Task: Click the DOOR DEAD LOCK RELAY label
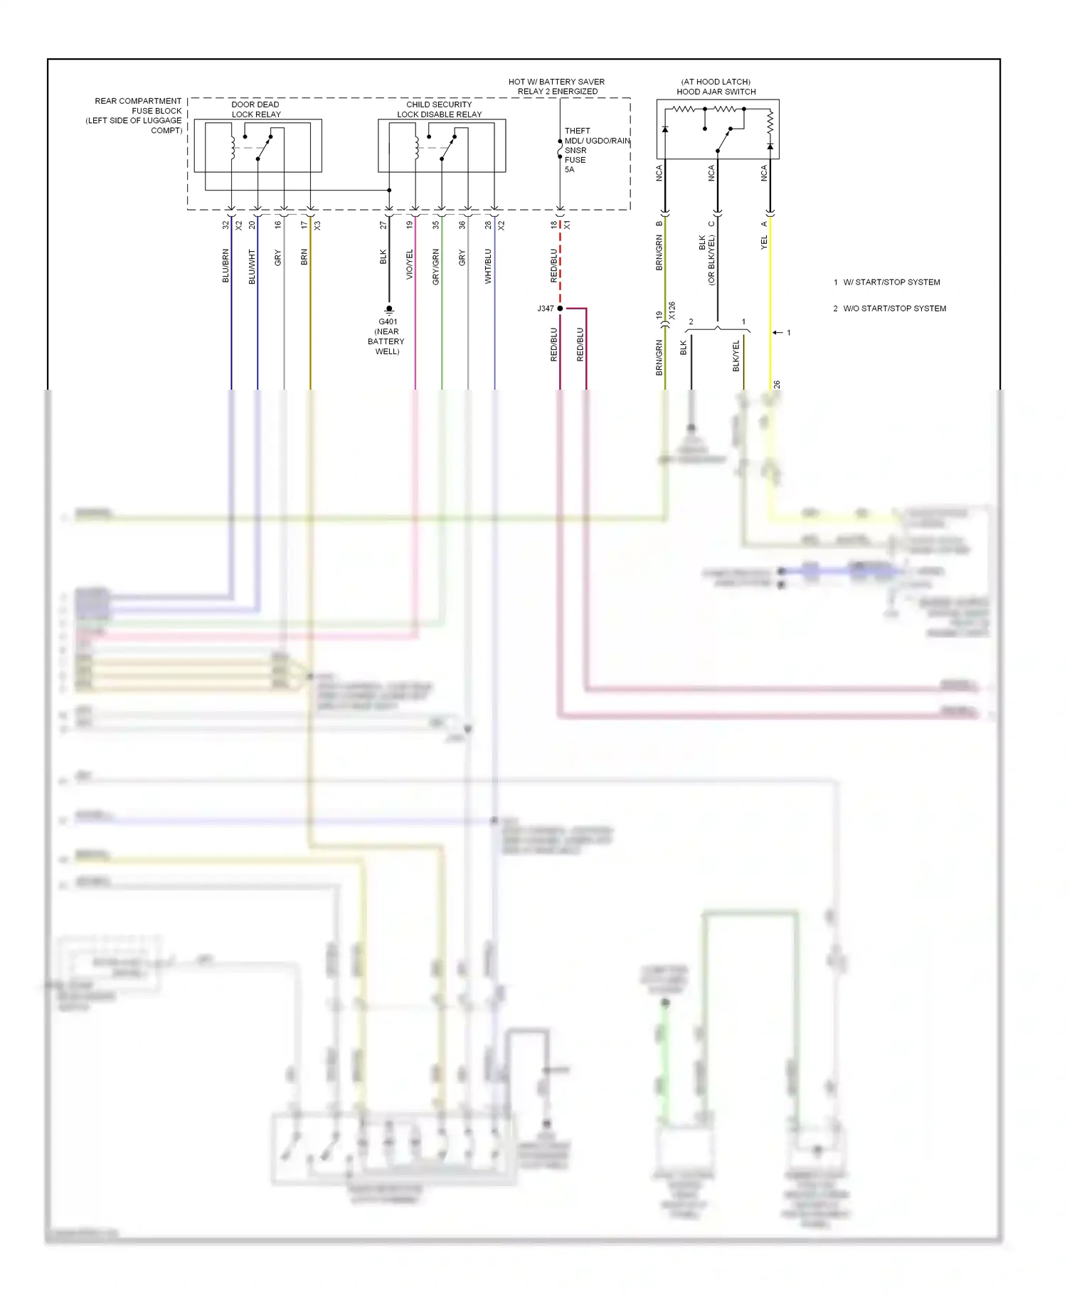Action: [255, 110]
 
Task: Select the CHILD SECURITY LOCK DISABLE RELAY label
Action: [439, 110]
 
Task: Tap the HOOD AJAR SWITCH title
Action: [716, 92]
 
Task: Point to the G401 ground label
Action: [388, 321]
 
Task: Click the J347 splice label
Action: [545, 309]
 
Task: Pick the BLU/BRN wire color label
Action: [225, 266]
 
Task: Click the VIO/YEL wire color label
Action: [409, 265]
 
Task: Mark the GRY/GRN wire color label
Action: [435, 267]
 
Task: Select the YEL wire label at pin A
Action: [764, 243]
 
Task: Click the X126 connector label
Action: [672, 311]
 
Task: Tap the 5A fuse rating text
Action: [569, 170]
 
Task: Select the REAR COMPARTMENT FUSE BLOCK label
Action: [135, 115]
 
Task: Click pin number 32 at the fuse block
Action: [225, 225]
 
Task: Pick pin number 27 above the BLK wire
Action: [383, 225]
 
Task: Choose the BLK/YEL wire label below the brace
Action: [736, 356]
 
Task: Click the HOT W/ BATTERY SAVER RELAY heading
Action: [557, 87]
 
